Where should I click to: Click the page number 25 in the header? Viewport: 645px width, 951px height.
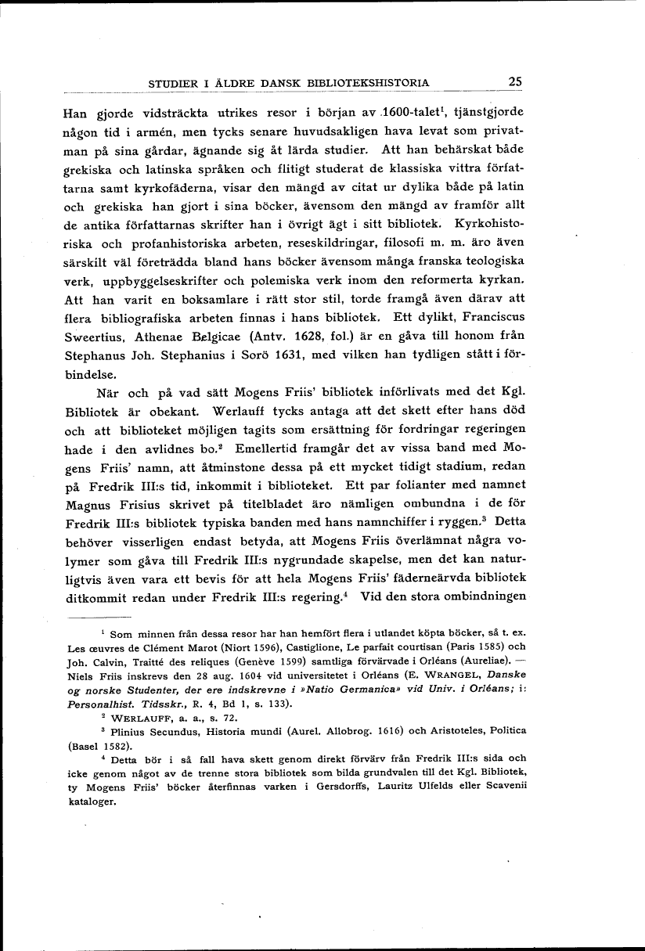tap(515, 81)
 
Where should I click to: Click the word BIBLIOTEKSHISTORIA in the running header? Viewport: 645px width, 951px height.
tap(372, 82)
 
